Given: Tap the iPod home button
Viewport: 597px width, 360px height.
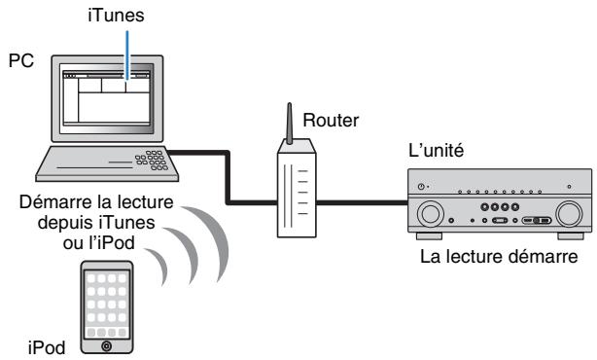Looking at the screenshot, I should pyautogui.click(x=108, y=343).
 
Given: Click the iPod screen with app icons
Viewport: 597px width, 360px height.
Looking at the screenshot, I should pyautogui.click(x=108, y=301).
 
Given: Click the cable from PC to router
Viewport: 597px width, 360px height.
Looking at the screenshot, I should pyautogui.click(x=230, y=175).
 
